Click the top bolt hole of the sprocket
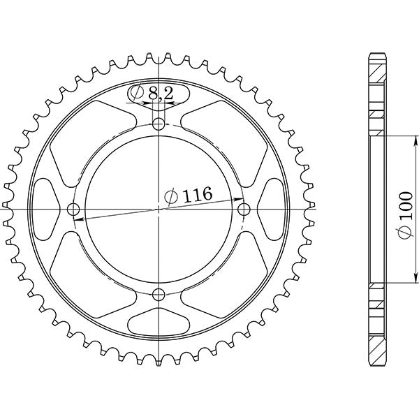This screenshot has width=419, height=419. click(x=160, y=125)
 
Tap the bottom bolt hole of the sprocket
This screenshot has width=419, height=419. click(x=160, y=293)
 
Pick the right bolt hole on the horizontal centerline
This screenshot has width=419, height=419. click(x=244, y=209)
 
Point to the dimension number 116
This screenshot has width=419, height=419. click(x=196, y=196)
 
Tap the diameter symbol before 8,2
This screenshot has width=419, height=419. click(x=137, y=93)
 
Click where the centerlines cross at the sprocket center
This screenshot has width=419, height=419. click(x=160, y=209)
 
